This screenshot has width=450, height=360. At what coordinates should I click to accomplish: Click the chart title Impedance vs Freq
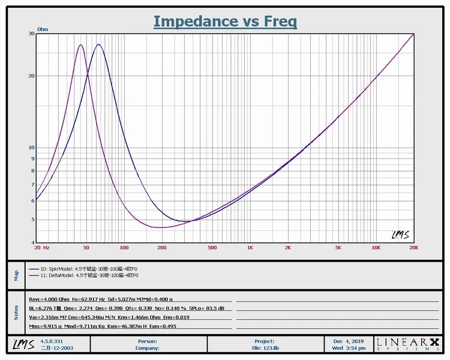pos(225,22)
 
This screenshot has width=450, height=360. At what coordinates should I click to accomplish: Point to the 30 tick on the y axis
pos(31,34)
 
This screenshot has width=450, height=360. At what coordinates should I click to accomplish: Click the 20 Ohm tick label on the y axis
pos(31,76)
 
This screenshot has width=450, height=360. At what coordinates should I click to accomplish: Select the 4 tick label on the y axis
pos(32,242)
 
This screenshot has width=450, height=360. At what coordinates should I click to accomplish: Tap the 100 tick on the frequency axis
pos(124,247)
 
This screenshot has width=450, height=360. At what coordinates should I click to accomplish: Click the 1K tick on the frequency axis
pos(250,247)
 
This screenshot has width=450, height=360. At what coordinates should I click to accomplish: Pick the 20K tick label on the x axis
pos(413,247)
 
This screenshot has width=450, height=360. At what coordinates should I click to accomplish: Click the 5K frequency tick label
pos(338,247)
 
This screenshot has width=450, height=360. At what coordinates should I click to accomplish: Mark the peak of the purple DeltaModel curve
pos(80,45)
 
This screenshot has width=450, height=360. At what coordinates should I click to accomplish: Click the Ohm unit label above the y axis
pos(43,29)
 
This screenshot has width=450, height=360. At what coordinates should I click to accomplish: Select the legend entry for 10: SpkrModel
pos(84,268)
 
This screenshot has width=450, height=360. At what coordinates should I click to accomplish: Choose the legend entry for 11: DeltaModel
pos(84,275)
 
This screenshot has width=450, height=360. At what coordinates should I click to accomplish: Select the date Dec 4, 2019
pos(348,341)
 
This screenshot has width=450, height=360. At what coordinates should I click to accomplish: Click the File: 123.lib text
pos(264,347)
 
